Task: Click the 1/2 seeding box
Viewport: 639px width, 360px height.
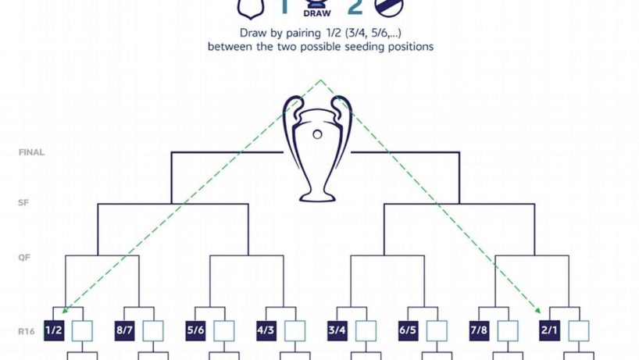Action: (x=54, y=330)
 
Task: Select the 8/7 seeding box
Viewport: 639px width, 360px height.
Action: (x=125, y=330)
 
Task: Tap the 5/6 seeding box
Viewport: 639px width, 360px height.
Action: (x=195, y=330)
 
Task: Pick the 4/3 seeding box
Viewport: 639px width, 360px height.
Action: (x=266, y=330)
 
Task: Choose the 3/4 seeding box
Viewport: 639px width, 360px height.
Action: (x=337, y=330)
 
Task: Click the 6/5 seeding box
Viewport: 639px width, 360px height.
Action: (x=408, y=330)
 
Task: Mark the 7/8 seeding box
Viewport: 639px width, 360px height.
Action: (x=479, y=330)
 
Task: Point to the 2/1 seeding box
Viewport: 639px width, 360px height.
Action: (x=549, y=330)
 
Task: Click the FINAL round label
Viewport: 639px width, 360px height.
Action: (x=32, y=152)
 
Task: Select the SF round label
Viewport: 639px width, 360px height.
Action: (x=24, y=203)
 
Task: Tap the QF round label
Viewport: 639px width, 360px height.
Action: (x=24, y=258)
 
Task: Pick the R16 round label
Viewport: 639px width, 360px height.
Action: (x=27, y=330)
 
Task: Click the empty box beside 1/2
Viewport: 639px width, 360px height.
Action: (x=82, y=330)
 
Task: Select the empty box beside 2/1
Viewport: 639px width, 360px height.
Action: (x=578, y=330)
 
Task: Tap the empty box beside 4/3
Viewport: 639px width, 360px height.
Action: (x=295, y=330)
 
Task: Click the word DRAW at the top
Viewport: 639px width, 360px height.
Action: (x=316, y=13)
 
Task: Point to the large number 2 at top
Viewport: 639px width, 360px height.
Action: (x=355, y=8)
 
